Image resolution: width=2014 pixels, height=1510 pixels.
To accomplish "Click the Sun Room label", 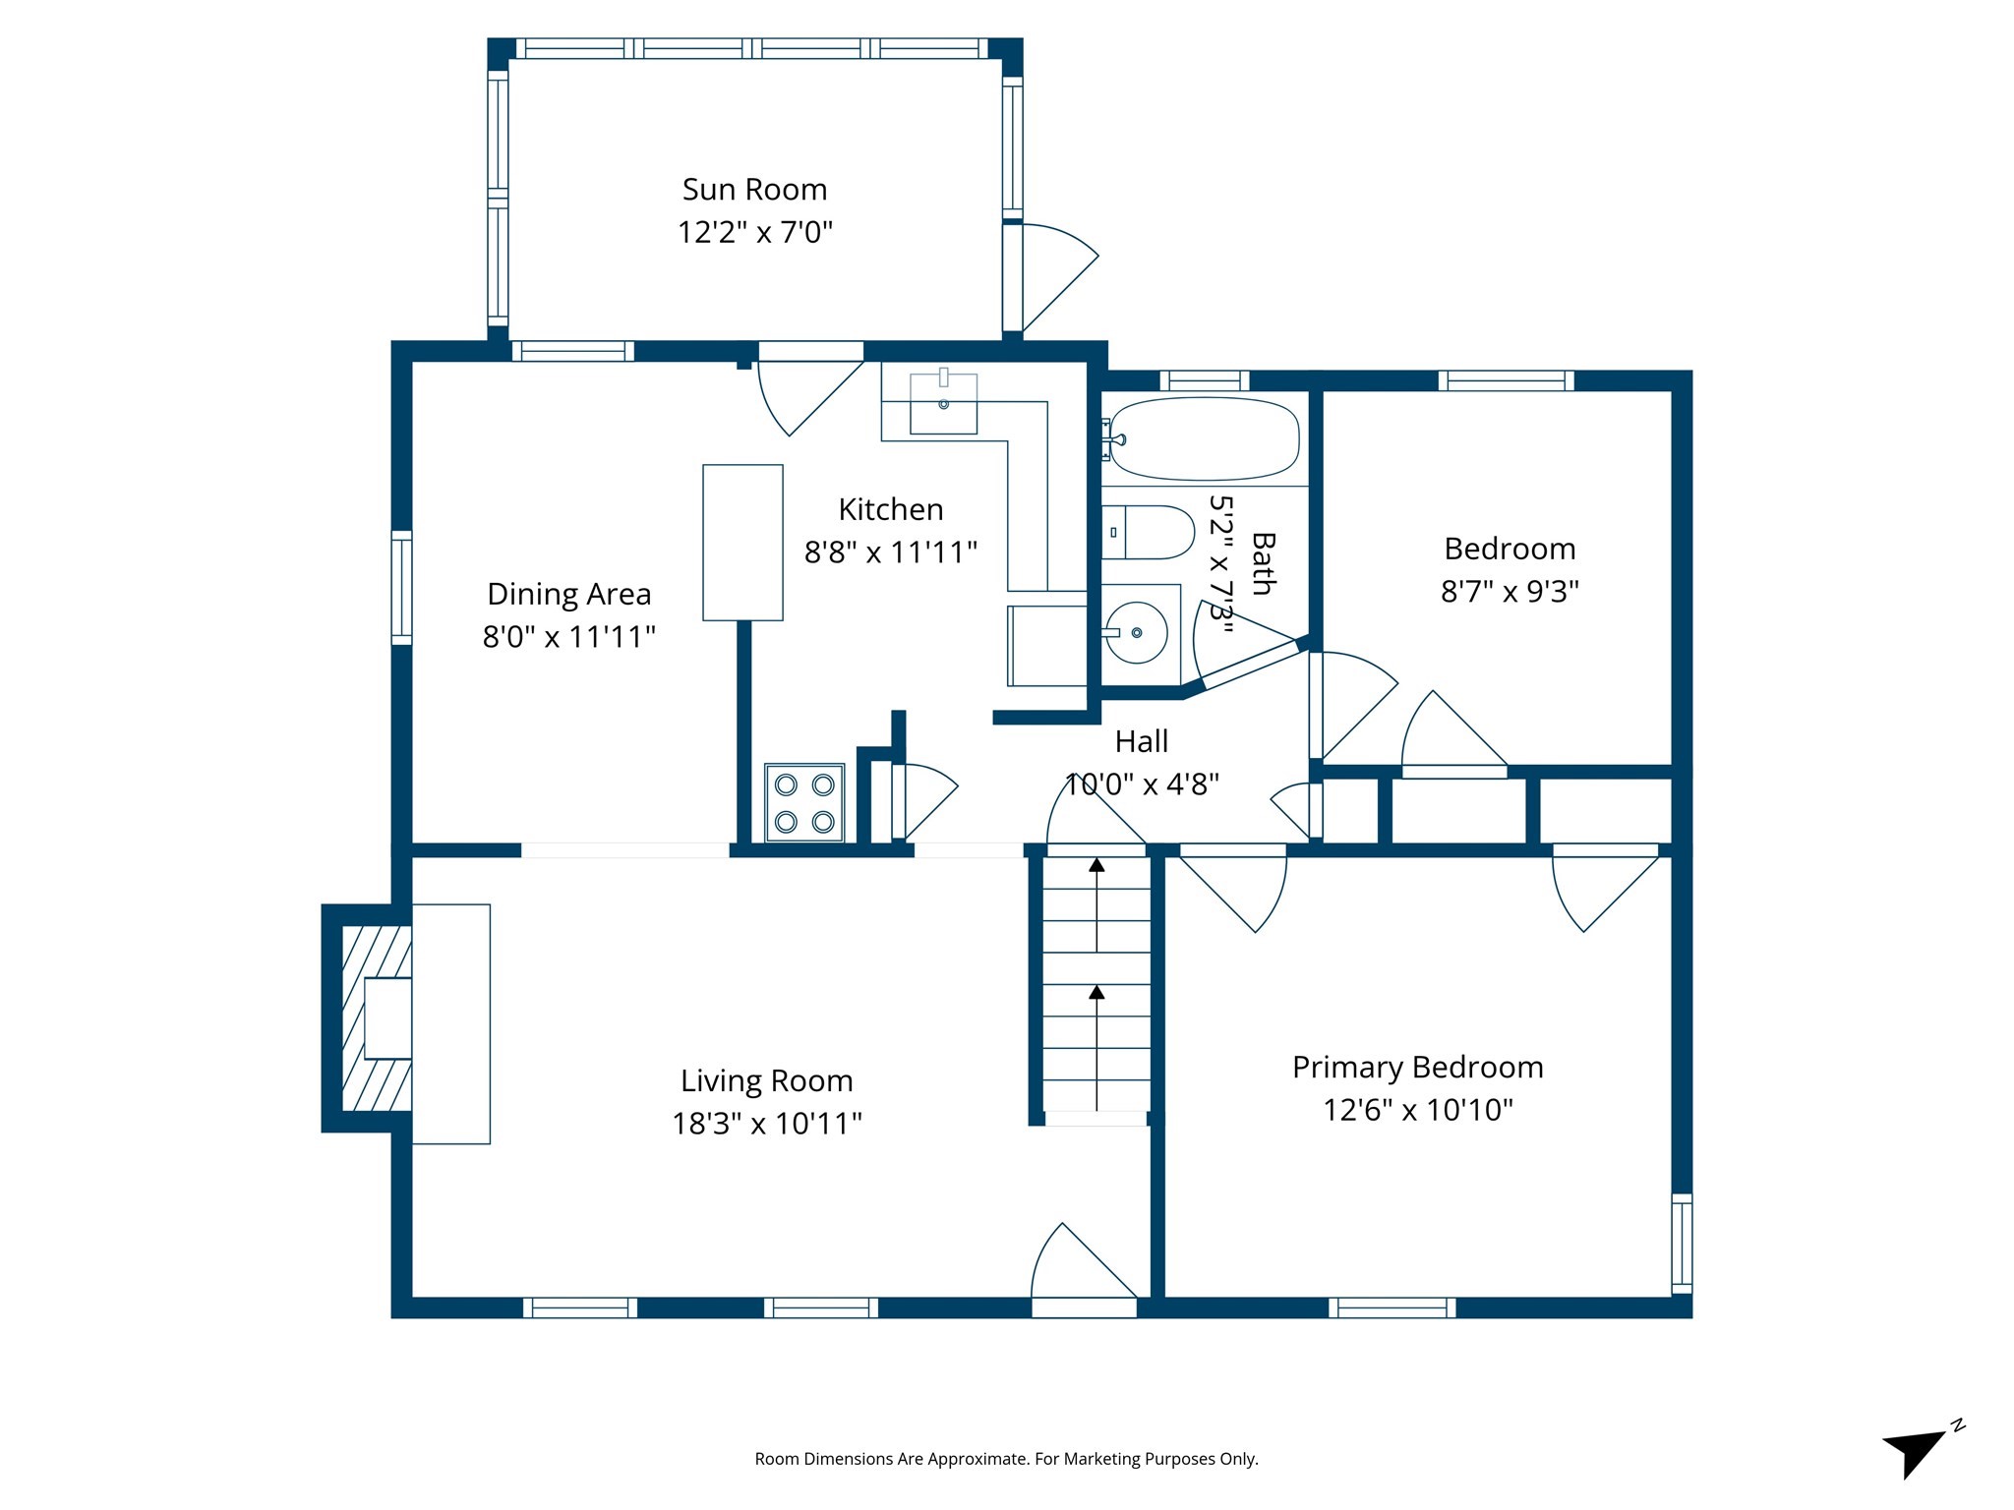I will click(x=754, y=189).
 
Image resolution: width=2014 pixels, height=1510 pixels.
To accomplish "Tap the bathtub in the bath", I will click(x=1204, y=438).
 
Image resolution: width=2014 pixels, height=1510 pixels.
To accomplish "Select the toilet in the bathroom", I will click(x=1146, y=532).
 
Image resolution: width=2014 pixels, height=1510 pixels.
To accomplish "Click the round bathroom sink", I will click(x=1137, y=632).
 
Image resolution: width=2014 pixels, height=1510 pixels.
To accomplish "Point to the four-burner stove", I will click(x=804, y=802).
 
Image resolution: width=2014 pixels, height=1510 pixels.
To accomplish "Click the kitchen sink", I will click(x=943, y=404).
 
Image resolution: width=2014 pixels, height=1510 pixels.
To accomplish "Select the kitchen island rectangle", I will click(x=742, y=543).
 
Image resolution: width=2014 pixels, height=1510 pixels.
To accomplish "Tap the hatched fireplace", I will click(x=377, y=1018).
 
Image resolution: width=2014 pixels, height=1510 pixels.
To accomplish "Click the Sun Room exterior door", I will click(x=1057, y=277).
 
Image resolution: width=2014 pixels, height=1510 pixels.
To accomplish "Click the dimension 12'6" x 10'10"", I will click(x=1417, y=1110).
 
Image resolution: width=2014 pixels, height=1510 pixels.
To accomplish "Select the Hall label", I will click(x=1141, y=741).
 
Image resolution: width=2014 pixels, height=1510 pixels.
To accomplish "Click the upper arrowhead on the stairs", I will click(x=1096, y=865).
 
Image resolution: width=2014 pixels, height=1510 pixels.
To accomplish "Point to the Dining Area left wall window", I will click(x=401, y=588).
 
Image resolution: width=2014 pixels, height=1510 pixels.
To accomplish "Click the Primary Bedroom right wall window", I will click(x=1682, y=1244).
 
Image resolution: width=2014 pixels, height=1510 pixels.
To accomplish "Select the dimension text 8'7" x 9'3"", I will click(x=1510, y=591).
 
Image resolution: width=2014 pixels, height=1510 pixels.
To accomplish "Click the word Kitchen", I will click(x=890, y=509).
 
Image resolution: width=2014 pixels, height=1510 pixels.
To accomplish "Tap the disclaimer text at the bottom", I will click(x=1006, y=1459).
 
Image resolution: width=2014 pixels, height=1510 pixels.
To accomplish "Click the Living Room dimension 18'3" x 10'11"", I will click(x=767, y=1124).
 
